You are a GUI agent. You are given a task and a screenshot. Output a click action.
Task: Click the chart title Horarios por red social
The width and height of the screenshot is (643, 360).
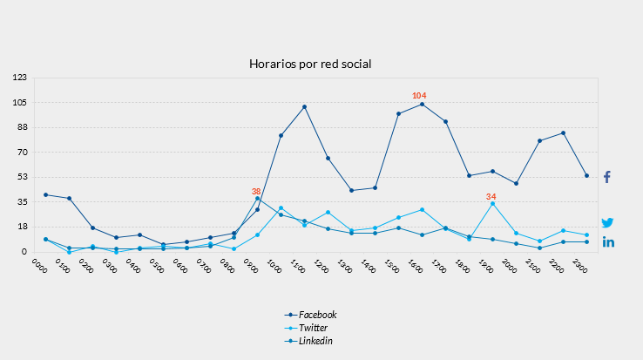coord(310,65)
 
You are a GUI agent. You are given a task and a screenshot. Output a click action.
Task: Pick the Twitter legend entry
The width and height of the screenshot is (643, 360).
coord(313,328)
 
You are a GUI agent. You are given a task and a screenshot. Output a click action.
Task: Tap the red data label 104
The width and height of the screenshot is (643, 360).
coord(419,95)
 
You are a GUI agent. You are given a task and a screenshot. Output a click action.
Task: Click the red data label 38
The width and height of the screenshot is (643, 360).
coord(256,191)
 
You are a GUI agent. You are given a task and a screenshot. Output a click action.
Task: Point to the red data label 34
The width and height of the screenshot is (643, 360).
coord(491,196)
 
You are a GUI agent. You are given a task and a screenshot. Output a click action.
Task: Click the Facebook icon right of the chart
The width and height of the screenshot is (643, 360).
coord(607,177)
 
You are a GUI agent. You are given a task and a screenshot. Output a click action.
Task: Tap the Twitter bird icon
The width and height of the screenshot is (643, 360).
coord(607,223)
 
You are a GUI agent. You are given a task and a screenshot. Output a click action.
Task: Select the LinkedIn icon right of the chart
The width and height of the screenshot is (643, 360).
coord(608,241)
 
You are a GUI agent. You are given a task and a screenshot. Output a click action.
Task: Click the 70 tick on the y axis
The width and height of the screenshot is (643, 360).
coord(22,152)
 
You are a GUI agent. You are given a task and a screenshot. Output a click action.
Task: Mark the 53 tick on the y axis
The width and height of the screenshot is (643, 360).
coord(22,177)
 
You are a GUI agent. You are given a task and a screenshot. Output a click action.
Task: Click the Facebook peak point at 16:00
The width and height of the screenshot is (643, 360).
coord(422,105)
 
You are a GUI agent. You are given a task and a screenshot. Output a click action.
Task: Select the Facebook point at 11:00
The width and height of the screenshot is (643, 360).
coord(304,107)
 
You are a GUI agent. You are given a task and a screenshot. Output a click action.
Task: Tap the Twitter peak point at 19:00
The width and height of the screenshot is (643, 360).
coord(492,203)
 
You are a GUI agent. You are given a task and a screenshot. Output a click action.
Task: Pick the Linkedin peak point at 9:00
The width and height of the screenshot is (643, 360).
coord(257,199)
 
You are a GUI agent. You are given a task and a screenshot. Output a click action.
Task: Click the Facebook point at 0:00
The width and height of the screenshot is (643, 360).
coord(45,194)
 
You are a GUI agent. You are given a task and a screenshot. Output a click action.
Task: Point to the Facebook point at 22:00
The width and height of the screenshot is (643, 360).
coord(563,132)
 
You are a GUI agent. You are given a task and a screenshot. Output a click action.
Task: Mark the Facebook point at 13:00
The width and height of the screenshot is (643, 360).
coord(351,190)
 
